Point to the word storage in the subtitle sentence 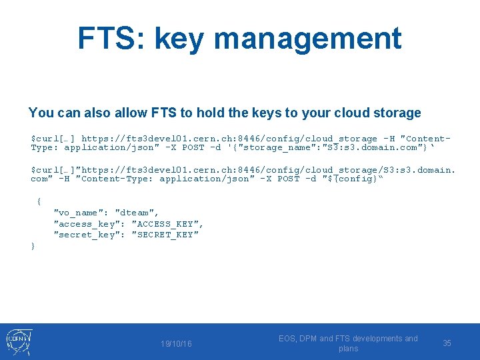coord(397,113)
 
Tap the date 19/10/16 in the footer coord(176,343)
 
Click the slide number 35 coord(447,343)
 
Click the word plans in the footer coord(348,349)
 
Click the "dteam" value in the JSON coord(137,213)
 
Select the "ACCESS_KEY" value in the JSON coord(167,224)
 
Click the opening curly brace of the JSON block coord(39,201)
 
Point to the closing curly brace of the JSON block coord(33,246)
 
